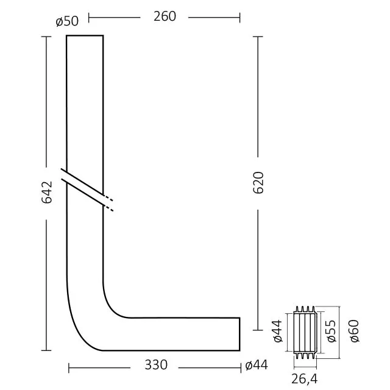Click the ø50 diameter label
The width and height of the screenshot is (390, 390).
pos(67,21)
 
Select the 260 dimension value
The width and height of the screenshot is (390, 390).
pos(165,16)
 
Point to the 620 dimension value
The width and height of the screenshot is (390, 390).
pos(258,183)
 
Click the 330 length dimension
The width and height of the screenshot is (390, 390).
pos(157,366)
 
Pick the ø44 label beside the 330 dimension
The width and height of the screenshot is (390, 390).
pos(257,366)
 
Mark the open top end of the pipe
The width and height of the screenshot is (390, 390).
pos(85,37)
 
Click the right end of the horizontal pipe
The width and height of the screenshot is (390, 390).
pos(239,334)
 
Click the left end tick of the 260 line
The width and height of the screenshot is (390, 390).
pos(89,17)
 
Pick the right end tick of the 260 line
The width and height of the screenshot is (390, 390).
pos(239,17)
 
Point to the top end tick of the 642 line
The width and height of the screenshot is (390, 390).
pos(46,37)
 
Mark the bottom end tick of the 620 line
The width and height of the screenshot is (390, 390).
pos(258,350)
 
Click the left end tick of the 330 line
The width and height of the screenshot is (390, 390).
pos(69,367)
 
